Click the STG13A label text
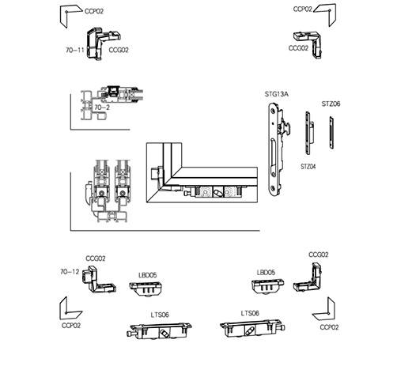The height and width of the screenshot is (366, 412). (277, 94)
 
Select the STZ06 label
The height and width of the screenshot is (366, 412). (331, 104)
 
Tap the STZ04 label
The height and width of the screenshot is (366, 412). (308, 167)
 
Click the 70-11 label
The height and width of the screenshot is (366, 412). (75, 50)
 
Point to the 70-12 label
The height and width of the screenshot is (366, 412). (70, 272)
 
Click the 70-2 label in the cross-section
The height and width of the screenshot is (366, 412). (102, 108)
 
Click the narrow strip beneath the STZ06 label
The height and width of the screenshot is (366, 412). (331, 133)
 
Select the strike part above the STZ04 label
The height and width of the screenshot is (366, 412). (308, 133)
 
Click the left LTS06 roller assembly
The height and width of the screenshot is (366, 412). (160, 330)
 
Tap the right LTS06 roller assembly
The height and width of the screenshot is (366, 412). (252, 327)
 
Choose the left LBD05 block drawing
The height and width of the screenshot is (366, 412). (146, 289)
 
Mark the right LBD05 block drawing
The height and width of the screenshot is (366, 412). (267, 286)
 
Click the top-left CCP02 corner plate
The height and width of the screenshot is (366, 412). (69, 14)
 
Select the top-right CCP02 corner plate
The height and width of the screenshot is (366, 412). (326, 14)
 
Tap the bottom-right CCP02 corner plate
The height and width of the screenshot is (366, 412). (326, 311)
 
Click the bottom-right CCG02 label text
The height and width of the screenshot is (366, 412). (319, 255)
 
